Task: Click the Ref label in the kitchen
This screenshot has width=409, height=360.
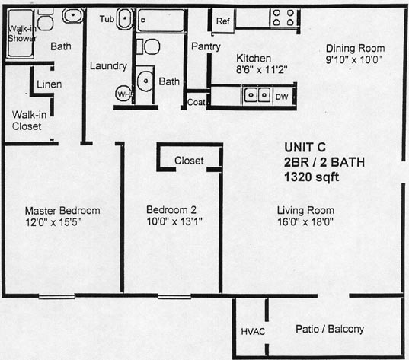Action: tap(223, 21)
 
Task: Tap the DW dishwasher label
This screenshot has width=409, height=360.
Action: tap(282, 97)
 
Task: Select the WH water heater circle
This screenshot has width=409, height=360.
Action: tap(124, 94)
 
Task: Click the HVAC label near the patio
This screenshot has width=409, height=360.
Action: tap(253, 332)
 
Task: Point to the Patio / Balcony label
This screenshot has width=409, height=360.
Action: tap(330, 329)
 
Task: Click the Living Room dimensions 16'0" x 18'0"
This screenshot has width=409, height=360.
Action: tap(305, 222)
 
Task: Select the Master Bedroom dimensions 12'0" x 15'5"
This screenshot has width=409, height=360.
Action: tap(53, 222)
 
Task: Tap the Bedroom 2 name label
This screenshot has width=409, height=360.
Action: tap(171, 210)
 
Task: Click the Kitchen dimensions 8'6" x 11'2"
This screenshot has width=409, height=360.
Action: tap(262, 70)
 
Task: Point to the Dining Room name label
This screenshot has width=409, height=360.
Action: tap(355, 49)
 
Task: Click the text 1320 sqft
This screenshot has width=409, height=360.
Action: tap(312, 177)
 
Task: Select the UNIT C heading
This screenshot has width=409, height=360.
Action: tap(305, 148)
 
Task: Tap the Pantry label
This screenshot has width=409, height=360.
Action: tap(206, 46)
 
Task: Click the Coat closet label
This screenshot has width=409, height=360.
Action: tap(197, 102)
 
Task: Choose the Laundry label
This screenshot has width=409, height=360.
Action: tap(108, 66)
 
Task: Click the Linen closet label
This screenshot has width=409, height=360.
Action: tap(49, 84)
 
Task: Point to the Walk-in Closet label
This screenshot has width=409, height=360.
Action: tap(29, 120)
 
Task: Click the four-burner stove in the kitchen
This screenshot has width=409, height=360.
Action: tap(283, 18)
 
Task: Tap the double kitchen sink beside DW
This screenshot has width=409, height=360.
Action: tap(257, 95)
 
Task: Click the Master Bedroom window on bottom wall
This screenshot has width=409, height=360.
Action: tap(56, 296)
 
